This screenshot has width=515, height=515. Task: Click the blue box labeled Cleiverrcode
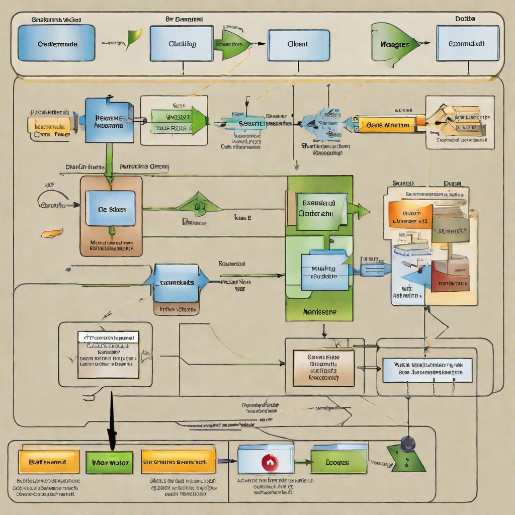(x=56, y=43)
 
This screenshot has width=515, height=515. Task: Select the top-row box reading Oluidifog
(x=182, y=43)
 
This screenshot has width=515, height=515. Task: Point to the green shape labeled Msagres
(x=394, y=43)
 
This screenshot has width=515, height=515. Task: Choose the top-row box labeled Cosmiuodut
(x=468, y=43)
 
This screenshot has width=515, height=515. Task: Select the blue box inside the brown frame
(x=110, y=208)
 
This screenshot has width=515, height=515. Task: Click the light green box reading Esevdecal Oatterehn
(x=317, y=209)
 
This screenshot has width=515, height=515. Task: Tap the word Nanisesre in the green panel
(x=320, y=312)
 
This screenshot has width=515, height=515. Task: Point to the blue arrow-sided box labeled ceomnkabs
(x=176, y=283)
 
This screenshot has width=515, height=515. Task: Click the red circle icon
(x=270, y=462)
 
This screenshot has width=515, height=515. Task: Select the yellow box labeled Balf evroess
(x=49, y=462)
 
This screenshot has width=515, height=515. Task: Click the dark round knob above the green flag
(x=407, y=443)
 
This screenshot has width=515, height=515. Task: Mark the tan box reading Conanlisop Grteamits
(x=323, y=368)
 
